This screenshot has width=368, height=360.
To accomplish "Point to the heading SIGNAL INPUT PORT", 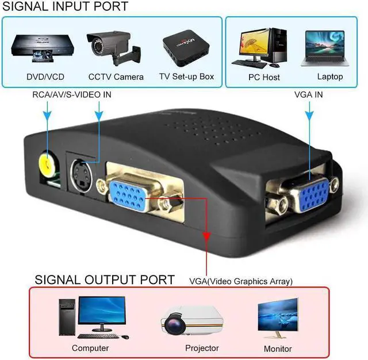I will pyautogui.click(x=66, y=7).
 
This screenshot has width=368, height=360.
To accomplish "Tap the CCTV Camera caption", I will pyautogui.click(x=116, y=76).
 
